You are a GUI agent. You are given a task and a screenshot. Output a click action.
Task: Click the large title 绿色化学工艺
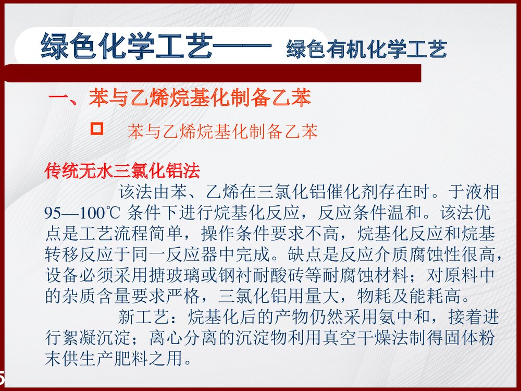pos(127,47)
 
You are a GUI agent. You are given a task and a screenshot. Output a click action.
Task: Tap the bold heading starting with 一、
pos(180,97)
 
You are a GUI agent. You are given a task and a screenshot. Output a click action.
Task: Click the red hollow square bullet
pos(97,128)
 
